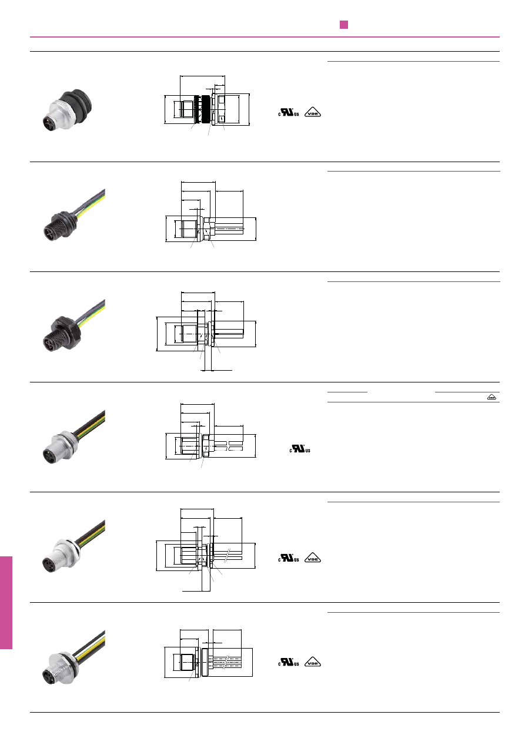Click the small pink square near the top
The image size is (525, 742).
(x=344, y=25)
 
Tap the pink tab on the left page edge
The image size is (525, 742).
(x=6, y=603)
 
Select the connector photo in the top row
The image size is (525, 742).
(x=68, y=110)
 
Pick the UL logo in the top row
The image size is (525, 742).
(x=289, y=112)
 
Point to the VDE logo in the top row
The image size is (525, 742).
(x=313, y=112)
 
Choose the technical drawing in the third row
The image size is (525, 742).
(x=206, y=331)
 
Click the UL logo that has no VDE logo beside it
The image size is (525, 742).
(x=300, y=449)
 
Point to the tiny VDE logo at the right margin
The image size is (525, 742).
(x=492, y=397)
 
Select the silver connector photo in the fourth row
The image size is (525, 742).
(x=74, y=437)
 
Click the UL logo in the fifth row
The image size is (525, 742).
(x=289, y=558)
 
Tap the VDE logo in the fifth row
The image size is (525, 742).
(x=313, y=558)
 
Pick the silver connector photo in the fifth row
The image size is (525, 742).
(x=74, y=546)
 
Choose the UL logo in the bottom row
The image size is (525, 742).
(x=289, y=662)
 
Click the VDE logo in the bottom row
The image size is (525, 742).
(x=313, y=662)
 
